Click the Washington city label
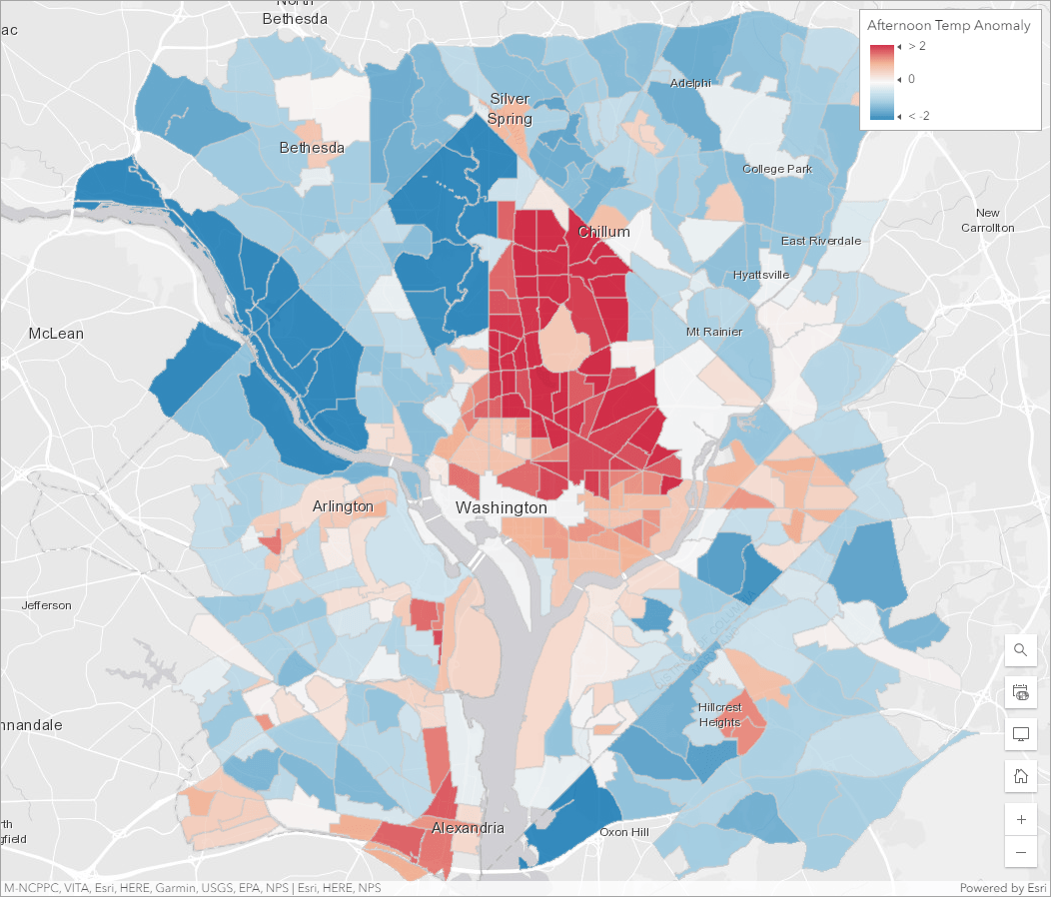501,507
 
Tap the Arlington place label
343,506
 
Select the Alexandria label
468,828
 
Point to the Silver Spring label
510,108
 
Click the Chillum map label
603,232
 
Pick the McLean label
56,333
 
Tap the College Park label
776,169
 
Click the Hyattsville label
760,274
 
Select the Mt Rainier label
714,331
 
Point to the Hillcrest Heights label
719,714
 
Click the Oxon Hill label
624,832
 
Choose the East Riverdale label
820,241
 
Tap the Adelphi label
690,82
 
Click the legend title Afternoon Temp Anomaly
948,25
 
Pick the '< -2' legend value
917,117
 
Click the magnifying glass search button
1020,650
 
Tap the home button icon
1020,775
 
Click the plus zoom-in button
1020,819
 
